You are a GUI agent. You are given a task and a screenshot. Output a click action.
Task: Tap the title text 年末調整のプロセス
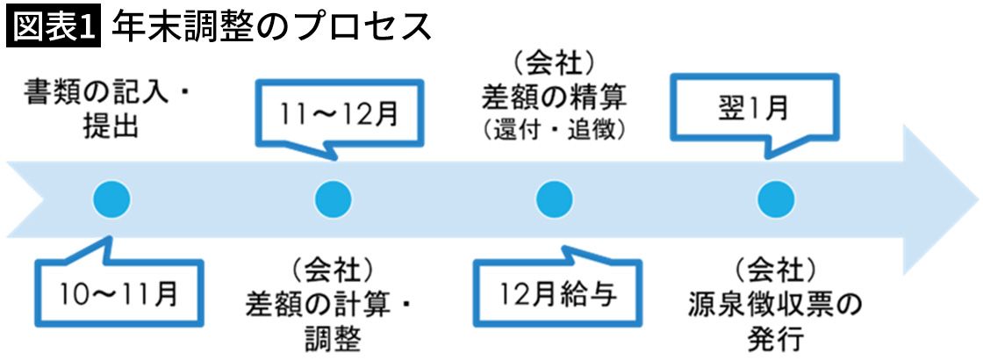tap(272, 27)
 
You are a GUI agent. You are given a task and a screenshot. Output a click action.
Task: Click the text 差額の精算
tap(554, 95)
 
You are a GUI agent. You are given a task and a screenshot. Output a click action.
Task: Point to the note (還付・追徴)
tap(554, 130)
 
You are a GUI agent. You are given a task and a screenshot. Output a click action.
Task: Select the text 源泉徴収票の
tap(775, 304)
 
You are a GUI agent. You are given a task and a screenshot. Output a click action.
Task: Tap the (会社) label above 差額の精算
tap(554, 61)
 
